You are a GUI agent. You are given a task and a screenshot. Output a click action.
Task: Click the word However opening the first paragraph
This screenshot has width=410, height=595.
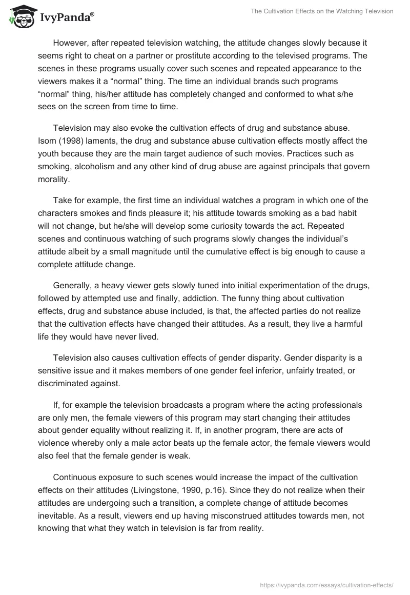tap(72, 43)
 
